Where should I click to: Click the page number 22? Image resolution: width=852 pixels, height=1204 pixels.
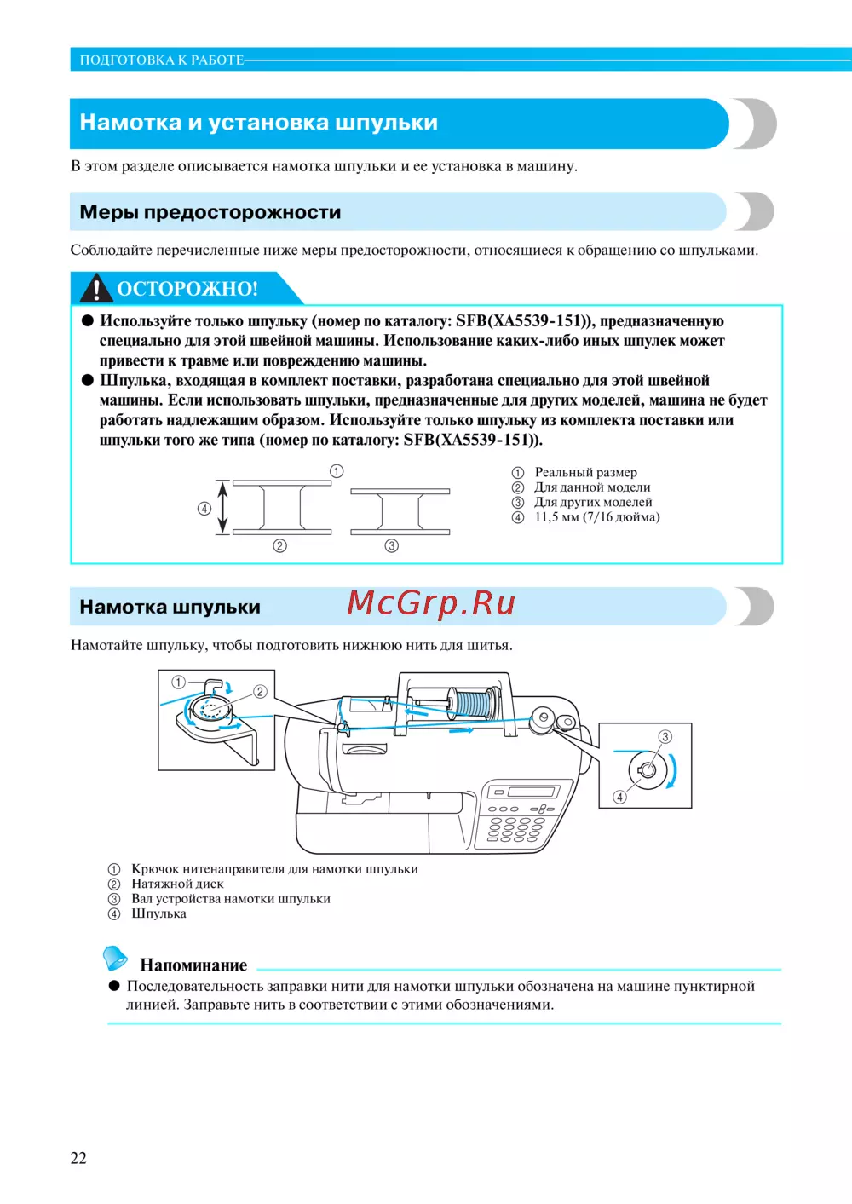coord(78,1158)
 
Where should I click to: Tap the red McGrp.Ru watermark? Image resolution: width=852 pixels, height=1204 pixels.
coord(431,603)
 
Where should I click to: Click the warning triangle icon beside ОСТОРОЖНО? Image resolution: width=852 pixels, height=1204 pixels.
coord(96,289)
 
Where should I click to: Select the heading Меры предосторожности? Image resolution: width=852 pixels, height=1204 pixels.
coord(210,212)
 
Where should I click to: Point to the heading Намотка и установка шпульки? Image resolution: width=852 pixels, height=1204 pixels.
coord(258,123)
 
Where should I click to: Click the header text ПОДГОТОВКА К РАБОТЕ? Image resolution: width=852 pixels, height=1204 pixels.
coord(162,60)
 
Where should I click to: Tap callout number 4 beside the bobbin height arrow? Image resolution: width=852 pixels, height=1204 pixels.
coord(204,509)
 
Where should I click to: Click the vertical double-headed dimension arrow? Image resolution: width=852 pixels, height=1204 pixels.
coord(223,509)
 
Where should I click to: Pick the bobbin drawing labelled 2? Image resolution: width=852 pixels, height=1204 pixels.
coord(282,508)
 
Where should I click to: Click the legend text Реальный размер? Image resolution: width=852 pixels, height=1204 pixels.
coord(585,472)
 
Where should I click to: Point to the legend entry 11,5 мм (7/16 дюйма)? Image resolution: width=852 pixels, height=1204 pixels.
coord(596,517)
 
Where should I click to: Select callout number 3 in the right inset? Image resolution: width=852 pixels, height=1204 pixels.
coord(665,736)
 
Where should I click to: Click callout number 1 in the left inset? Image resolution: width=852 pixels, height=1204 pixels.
coord(178,682)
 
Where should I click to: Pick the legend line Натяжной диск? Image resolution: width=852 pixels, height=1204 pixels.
coord(177,884)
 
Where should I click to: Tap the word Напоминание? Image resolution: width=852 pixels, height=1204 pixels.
coord(193,965)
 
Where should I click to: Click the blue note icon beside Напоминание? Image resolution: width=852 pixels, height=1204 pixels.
coord(115,958)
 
